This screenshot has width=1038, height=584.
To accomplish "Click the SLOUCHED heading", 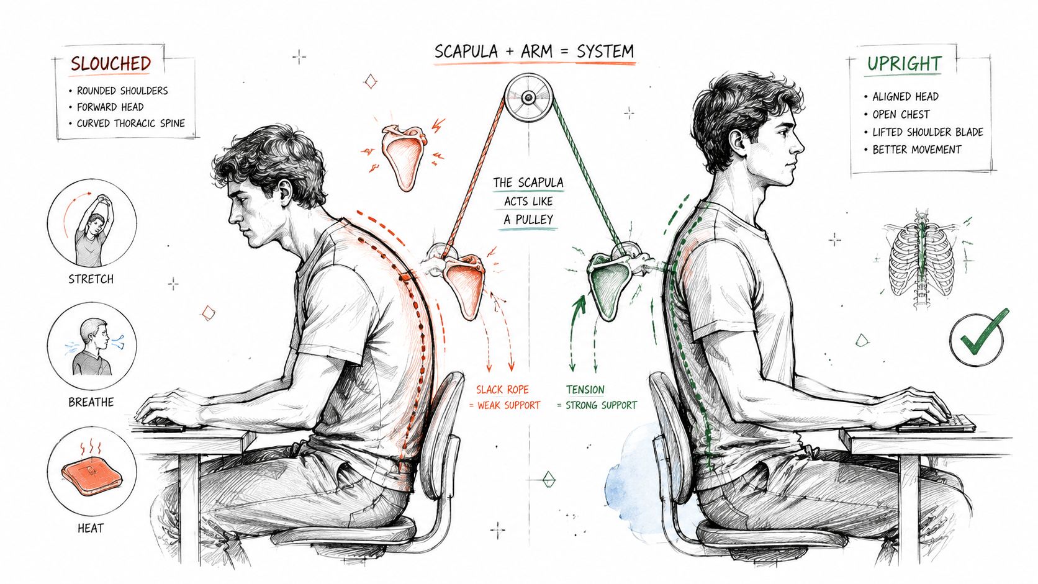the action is (x=111, y=63).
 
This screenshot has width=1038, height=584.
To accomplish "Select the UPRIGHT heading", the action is (x=904, y=63).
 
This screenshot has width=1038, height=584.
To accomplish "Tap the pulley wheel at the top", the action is (x=528, y=97).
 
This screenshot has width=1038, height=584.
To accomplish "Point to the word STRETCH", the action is (x=91, y=279).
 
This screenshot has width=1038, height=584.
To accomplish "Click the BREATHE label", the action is (x=91, y=402).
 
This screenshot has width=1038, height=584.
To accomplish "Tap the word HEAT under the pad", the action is (x=91, y=528).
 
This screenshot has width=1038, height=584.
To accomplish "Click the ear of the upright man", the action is (x=736, y=142).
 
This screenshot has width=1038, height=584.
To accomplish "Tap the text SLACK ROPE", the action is (x=502, y=390).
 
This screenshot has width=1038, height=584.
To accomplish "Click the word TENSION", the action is (x=585, y=390).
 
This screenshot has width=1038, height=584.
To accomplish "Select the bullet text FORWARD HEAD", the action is (x=111, y=107).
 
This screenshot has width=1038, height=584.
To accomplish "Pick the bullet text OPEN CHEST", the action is (x=901, y=114).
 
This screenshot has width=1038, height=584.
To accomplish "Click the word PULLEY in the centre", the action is (x=535, y=219).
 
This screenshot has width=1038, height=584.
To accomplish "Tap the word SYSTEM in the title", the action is (x=605, y=52).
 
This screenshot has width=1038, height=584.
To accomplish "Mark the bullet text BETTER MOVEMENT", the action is (x=916, y=150).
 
